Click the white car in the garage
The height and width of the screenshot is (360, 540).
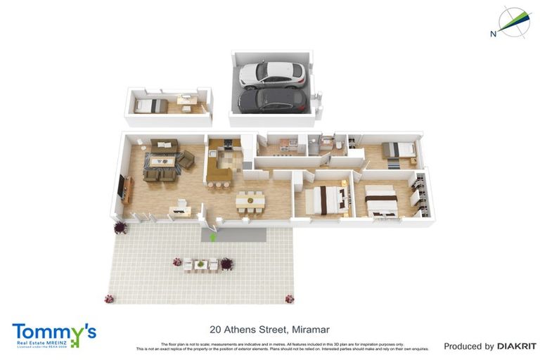point(272,73)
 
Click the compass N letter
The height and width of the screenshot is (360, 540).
point(494,33)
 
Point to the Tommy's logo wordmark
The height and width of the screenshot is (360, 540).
point(53,332)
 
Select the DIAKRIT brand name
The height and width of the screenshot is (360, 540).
point(517,346)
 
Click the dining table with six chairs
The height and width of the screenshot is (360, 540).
point(250,201)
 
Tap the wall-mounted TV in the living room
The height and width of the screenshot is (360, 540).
point(124,186)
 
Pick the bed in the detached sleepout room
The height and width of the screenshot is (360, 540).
point(151,105)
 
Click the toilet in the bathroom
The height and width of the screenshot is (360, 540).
point(339,144)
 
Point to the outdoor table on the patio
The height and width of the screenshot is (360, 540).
point(201,264)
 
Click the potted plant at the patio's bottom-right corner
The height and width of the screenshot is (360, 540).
point(289,298)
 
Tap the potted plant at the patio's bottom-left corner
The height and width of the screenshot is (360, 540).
point(109,298)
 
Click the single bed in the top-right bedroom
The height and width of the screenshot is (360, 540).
point(399,150)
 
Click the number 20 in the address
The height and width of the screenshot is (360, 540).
point(216,329)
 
